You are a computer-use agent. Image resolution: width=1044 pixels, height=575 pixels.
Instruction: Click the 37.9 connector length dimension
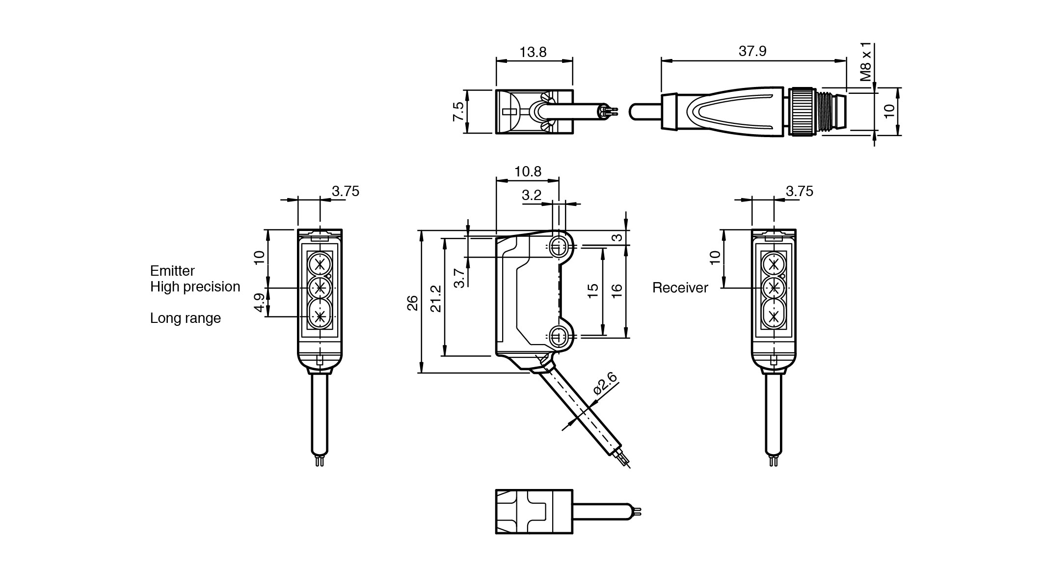click(x=752, y=51)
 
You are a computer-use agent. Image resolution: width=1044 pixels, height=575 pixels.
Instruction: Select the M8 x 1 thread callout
click(x=866, y=62)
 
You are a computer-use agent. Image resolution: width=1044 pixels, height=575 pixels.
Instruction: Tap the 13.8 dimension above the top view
click(x=533, y=52)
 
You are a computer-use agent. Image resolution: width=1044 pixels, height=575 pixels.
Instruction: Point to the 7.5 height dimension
click(x=458, y=112)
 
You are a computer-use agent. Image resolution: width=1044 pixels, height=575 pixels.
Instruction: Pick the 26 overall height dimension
click(x=413, y=302)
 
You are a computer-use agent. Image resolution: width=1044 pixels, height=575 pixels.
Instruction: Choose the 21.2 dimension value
click(x=435, y=299)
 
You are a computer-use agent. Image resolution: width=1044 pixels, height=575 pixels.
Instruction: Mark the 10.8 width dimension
click(x=528, y=172)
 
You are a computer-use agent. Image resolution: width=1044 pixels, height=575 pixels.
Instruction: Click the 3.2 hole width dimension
click(x=531, y=195)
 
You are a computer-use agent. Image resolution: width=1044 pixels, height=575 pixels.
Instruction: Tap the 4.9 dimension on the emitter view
click(x=260, y=302)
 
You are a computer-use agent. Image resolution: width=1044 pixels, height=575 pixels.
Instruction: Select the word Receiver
click(x=680, y=288)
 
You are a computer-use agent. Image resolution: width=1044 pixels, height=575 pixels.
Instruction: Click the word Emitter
click(x=172, y=271)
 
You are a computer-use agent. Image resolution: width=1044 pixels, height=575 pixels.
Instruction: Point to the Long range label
click(x=185, y=318)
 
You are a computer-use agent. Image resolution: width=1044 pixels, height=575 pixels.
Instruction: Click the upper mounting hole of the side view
click(x=557, y=247)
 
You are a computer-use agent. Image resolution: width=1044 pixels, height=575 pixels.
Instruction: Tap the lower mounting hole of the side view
click(x=557, y=337)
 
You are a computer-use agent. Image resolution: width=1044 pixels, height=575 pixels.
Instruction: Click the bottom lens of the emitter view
click(x=320, y=316)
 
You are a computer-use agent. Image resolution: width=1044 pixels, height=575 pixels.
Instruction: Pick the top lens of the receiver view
click(x=774, y=264)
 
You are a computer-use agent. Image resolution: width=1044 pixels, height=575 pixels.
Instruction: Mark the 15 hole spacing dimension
click(x=593, y=291)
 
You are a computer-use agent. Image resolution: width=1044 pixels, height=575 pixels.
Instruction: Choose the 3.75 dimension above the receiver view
click(x=799, y=191)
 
